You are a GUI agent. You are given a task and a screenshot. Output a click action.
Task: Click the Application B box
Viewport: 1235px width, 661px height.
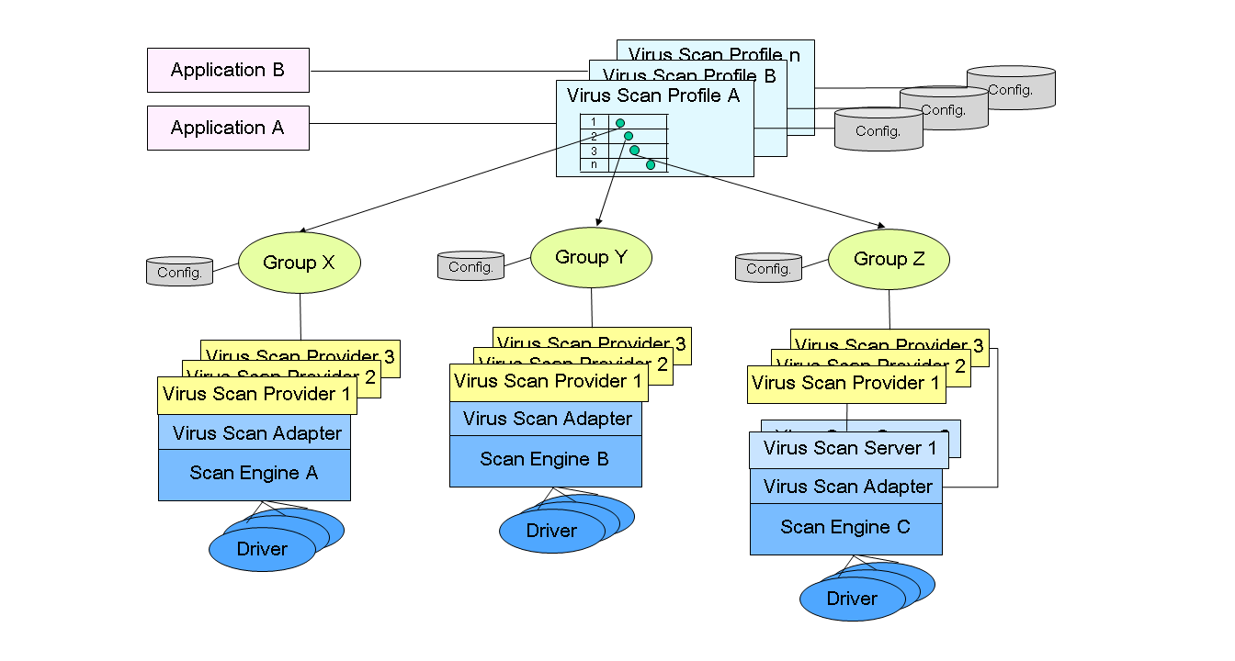(x=228, y=70)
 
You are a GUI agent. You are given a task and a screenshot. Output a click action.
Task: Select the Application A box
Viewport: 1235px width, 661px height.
(x=228, y=128)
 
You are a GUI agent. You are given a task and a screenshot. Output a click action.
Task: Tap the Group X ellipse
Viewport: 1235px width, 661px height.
(x=300, y=263)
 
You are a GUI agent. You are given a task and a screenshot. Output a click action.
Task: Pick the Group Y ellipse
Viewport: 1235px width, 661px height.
(x=591, y=257)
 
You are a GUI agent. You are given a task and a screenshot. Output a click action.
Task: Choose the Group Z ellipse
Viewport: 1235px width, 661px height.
(x=889, y=259)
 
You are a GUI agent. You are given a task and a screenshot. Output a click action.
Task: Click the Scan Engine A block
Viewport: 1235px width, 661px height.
(x=254, y=474)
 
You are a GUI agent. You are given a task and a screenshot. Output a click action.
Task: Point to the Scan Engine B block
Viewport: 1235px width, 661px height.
(x=545, y=460)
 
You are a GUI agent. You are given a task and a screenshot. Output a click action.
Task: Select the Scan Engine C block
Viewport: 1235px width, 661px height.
(x=845, y=528)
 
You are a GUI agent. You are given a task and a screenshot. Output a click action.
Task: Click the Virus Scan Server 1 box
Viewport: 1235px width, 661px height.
(x=845, y=449)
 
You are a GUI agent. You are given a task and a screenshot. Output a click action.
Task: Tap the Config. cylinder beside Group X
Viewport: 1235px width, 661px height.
(x=180, y=272)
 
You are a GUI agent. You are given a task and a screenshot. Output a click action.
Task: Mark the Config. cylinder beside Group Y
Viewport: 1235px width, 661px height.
(x=470, y=266)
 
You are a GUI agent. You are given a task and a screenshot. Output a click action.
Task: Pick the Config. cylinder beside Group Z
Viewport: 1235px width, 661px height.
(x=768, y=268)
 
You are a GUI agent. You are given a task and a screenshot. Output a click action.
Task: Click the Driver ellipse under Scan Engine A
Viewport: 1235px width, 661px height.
(x=262, y=550)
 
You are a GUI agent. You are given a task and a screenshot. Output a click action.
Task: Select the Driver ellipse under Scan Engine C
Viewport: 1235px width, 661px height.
(x=852, y=599)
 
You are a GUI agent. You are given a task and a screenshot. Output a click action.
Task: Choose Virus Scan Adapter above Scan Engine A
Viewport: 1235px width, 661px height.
(x=256, y=432)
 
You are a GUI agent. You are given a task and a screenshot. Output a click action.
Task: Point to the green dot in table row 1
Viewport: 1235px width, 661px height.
(x=620, y=123)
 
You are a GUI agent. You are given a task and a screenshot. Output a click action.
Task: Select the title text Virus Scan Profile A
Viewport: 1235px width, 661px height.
(x=653, y=95)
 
